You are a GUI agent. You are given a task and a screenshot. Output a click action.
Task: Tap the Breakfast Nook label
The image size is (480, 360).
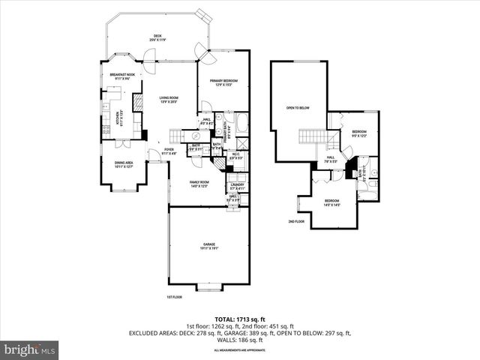coord(122,76)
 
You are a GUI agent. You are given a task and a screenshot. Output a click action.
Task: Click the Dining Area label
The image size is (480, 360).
coord(123,164)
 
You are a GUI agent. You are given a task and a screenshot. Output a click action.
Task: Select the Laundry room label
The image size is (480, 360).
coord(238,185)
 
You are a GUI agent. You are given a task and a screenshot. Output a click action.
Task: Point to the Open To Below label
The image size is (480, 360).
coord(298,108)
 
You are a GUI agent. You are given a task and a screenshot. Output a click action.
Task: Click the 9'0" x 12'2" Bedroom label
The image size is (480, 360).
coord(359,133)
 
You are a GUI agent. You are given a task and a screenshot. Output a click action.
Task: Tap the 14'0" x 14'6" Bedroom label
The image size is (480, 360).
coord(331,202)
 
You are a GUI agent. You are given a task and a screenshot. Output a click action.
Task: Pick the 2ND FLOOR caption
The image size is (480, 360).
coord(297,222)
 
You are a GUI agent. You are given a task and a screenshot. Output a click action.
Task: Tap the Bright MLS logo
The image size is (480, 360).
coord(30,349)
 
